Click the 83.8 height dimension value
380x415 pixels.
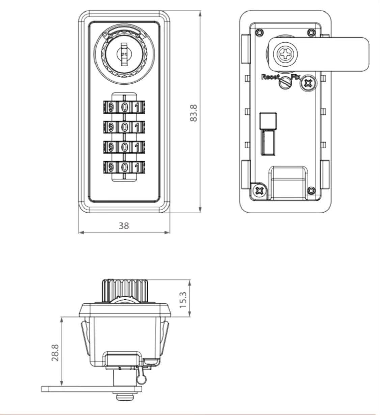(x=194, y=113)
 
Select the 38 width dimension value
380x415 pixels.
(x=124, y=226)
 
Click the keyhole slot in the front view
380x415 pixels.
(x=124, y=54)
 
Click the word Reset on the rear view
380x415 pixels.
(x=270, y=77)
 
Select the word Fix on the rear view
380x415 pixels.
(x=296, y=77)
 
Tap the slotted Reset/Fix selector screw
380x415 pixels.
(x=286, y=83)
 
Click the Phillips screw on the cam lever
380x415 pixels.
(x=286, y=54)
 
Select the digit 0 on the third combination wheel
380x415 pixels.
(x=124, y=147)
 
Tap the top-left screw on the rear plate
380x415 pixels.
(x=260, y=33)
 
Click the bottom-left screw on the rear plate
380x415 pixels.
(x=260, y=190)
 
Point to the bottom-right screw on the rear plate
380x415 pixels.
(x=311, y=190)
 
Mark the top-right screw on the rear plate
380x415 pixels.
(x=311, y=33)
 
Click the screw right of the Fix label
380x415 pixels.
(x=309, y=83)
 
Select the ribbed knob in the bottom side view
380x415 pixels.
(x=125, y=291)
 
